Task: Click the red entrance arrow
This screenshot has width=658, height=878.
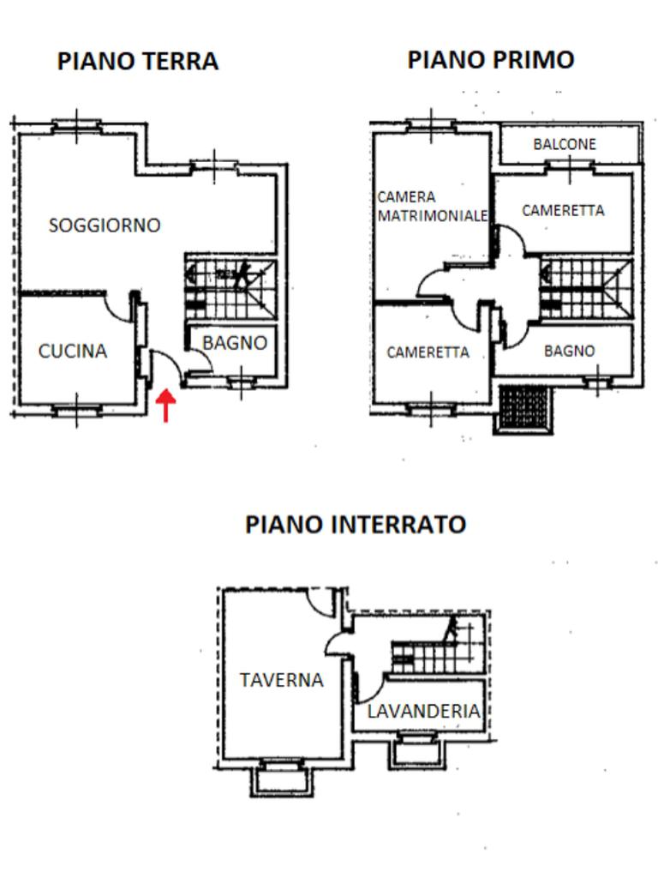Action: point(165,405)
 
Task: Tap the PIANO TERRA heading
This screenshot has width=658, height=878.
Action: point(137,62)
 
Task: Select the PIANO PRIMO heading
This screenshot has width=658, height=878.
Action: point(490,59)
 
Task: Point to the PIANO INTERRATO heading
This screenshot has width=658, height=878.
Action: point(356,524)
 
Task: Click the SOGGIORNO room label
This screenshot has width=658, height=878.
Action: point(105,226)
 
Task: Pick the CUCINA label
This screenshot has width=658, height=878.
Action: point(73,351)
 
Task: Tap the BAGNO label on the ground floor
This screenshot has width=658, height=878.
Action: point(235,343)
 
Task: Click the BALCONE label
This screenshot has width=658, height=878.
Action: point(565,144)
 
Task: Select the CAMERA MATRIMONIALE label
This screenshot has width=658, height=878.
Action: point(433,207)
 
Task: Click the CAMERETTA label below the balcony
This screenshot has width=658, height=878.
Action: point(563,210)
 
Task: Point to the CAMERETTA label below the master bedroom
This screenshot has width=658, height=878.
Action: point(428,352)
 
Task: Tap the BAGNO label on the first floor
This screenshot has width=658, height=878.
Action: point(569,351)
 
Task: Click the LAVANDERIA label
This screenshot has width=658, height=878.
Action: point(423,711)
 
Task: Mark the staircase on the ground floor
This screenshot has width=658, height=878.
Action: point(230,289)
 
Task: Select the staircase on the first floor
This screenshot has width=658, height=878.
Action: point(586,289)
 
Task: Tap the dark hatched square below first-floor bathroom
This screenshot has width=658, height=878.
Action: point(524,406)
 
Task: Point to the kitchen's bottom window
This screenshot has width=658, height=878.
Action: point(77,411)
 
